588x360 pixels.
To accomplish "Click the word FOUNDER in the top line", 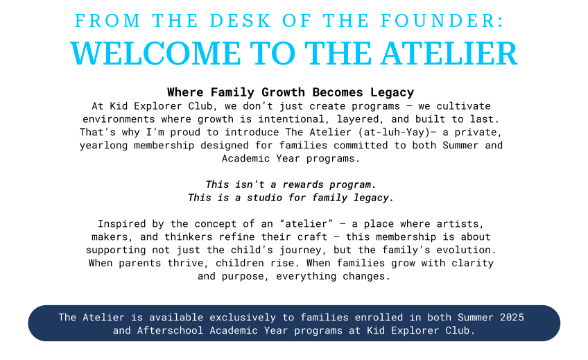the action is [442, 21].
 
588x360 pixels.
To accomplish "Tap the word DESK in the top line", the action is [240, 21].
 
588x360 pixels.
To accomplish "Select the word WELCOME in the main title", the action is [155, 53].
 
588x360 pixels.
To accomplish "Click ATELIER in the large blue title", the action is [449, 53].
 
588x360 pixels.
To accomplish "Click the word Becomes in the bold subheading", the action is [338, 92].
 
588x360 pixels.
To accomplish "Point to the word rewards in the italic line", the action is [303, 185].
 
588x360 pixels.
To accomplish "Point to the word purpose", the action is [245, 277].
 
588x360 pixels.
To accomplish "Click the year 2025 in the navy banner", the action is [512, 317].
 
